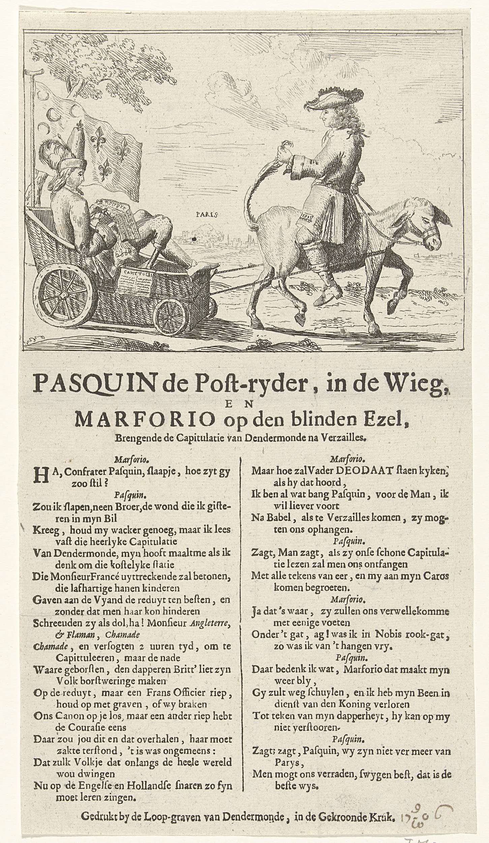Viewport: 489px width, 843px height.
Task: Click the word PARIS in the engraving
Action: coord(207,214)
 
